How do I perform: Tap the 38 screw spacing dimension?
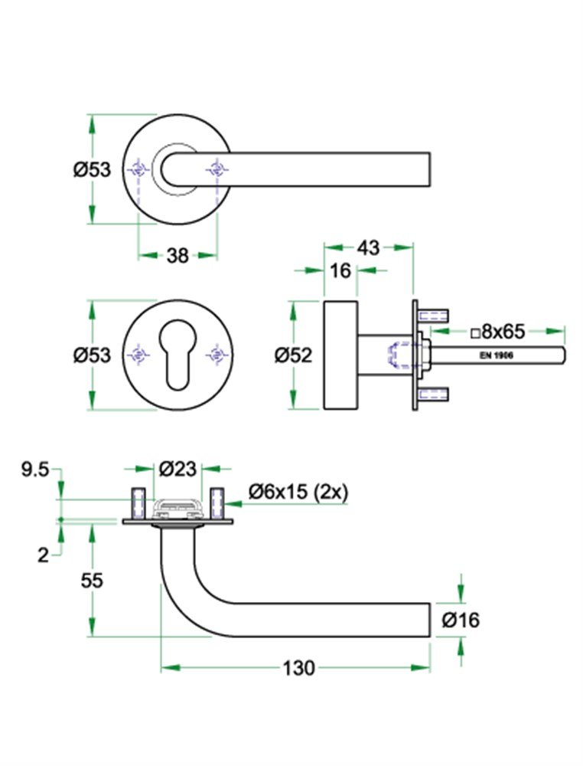(178, 256)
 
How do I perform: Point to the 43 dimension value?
(368, 247)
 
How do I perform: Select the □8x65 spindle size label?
(497, 332)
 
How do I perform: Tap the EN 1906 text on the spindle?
(496, 355)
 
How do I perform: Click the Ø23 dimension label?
(178, 467)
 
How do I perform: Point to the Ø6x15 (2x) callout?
(298, 493)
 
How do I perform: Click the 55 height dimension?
(92, 580)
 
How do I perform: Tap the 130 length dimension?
(298, 668)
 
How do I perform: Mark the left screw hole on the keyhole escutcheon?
(138, 354)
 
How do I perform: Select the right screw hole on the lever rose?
(216, 169)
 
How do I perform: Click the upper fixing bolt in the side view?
(434, 314)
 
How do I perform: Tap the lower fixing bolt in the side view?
(434, 395)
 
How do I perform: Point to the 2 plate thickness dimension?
(43, 555)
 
